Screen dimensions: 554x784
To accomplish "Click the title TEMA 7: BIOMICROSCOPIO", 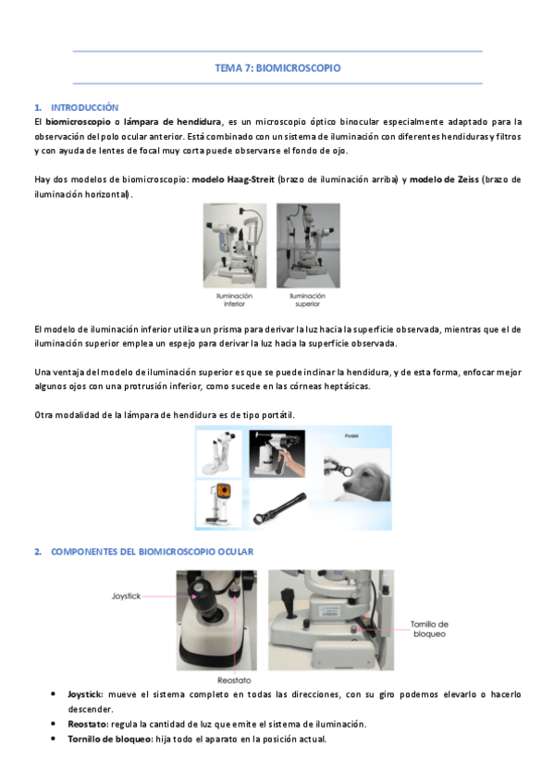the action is (x=277, y=68).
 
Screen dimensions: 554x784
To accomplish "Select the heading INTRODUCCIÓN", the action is (x=84, y=107).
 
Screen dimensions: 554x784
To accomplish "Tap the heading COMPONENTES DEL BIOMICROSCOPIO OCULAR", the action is (x=152, y=552).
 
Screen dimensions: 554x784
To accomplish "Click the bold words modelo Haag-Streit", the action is (x=233, y=179).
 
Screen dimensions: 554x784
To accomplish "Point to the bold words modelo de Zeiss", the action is (x=444, y=179).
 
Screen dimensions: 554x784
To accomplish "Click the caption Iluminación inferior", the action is (x=234, y=300).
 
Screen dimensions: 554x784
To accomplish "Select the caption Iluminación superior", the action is (x=307, y=300).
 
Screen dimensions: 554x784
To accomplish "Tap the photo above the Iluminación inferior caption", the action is (x=235, y=246).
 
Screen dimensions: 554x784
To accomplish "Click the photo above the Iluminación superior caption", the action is (x=309, y=246).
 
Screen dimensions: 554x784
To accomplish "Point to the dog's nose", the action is (x=346, y=472).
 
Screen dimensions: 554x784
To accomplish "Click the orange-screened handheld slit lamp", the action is (x=219, y=505).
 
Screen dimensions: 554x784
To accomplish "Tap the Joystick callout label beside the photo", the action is (x=126, y=596).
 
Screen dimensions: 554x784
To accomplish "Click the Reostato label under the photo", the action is (x=234, y=680).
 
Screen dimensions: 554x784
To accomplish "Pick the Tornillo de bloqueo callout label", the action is (x=429, y=629).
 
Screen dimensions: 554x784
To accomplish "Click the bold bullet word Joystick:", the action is (x=85, y=694).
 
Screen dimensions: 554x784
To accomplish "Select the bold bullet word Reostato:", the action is (x=88, y=724).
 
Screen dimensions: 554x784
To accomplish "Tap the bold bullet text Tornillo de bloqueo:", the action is (x=110, y=739).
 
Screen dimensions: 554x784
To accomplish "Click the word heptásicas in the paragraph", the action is (x=347, y=386).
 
